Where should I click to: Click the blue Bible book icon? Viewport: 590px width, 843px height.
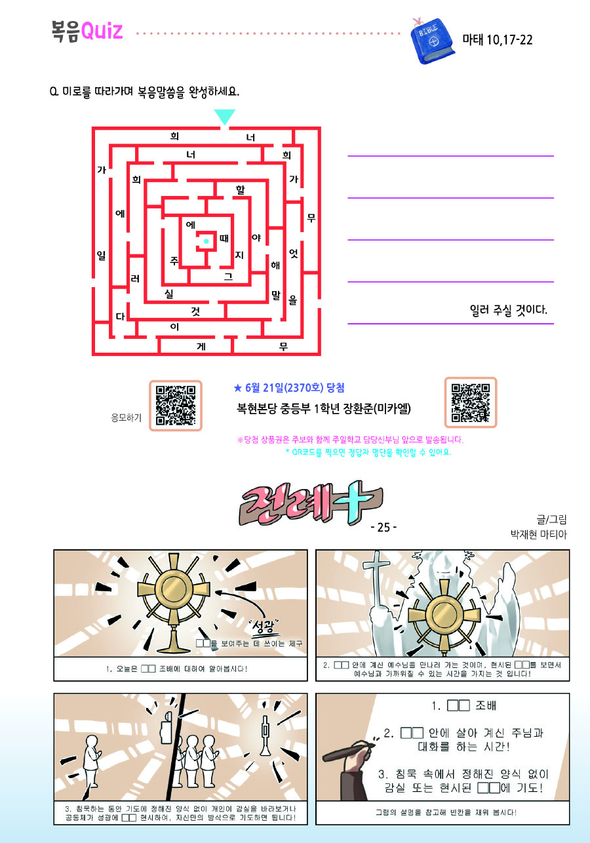point(433,41)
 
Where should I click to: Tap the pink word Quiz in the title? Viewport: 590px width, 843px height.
point(102,31)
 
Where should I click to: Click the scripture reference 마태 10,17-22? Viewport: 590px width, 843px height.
point(497,39)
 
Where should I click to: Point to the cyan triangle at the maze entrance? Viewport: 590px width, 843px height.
point(225,117)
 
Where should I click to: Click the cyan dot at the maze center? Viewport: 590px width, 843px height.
point(206,241)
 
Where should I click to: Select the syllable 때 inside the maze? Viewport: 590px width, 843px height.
point(224,238)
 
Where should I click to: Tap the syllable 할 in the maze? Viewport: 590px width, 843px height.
point(240,189)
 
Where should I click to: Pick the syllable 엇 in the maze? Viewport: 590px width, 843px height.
point(294,253)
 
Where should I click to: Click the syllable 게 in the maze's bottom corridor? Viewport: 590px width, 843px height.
point(201,346)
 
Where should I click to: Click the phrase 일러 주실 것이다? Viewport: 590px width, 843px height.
point(508,310)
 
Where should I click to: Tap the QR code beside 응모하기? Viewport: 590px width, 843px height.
point(176,405)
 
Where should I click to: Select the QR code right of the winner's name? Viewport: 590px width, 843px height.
point(470,402)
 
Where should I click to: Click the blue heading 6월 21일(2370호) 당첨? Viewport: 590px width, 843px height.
point(289,387)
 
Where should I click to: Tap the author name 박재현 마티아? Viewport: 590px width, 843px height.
point(538,534)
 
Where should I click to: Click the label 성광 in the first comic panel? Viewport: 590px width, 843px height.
point(263,626)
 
